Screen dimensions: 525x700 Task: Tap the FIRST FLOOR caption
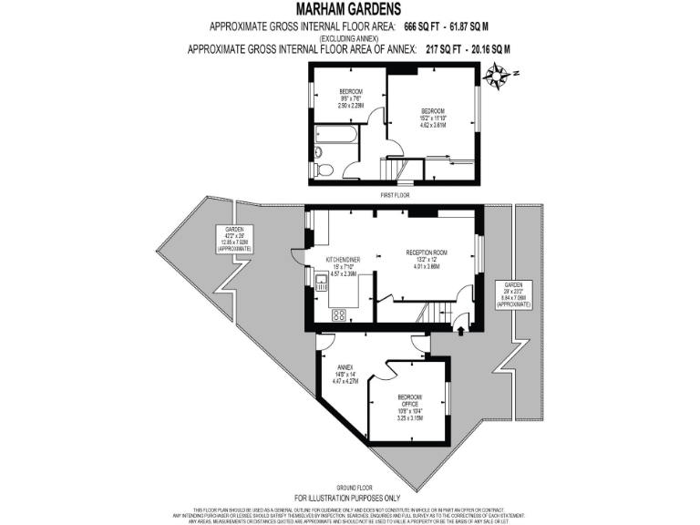point(395,195)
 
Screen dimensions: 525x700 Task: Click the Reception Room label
point(426,260)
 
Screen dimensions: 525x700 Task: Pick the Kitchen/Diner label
point(344,266)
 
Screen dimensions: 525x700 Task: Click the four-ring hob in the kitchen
point(339,315)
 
